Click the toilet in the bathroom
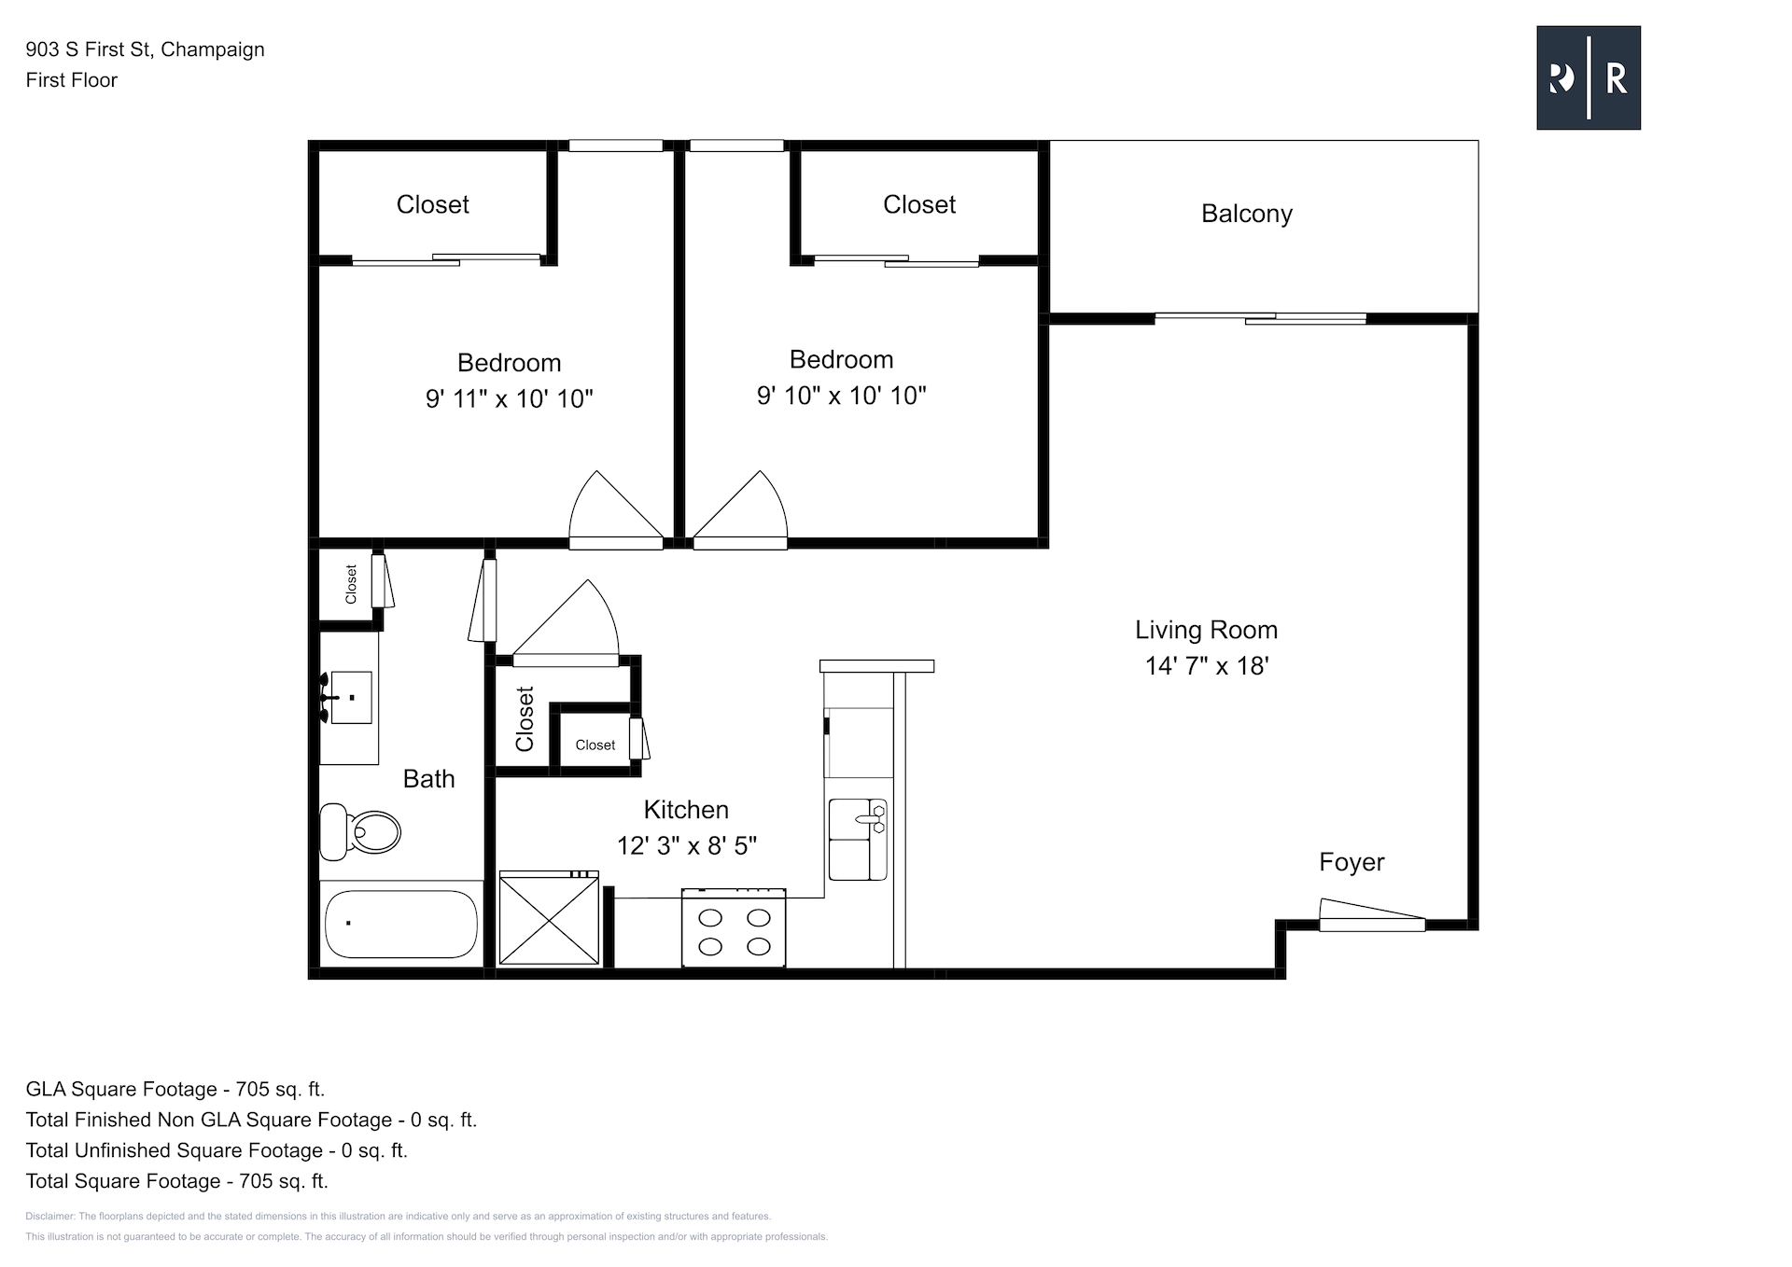pos(360,831)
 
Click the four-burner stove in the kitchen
pos(734,928)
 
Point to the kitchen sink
pos(857,840)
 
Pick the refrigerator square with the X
pos(549,917)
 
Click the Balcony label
pos(1247,214)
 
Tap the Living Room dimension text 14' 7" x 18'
pos(1207,665)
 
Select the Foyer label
pos(1351,862)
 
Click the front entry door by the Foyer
pos(1372,915)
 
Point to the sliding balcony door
pos(1261,318)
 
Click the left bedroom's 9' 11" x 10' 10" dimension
pos(510,398)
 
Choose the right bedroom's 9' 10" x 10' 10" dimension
pos(842,396)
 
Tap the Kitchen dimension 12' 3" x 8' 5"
pos(687,845)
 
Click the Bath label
pos(429,779)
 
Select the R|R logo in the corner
pos(1589,77)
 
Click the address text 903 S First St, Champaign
pos(146,49)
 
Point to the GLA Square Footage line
pos(175,1089)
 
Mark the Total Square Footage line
pos(177,1181)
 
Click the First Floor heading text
pos(72,80)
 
